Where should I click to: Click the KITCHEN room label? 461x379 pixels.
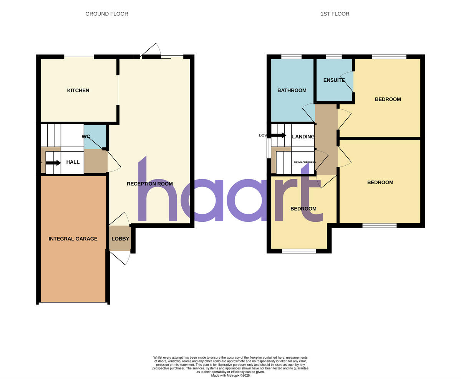78,91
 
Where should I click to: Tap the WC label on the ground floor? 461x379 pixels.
86,137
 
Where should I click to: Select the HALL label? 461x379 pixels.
73,162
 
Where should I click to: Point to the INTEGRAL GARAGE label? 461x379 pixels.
73,239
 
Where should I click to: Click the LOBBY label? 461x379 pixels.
120,239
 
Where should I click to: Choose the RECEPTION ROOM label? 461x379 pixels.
150,184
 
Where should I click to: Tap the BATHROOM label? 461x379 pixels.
292,91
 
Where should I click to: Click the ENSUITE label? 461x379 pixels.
334,80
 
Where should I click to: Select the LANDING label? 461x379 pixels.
303,137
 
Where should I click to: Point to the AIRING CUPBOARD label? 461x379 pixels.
305,162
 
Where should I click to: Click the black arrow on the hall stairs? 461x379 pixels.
53,163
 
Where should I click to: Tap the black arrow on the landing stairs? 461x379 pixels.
279,135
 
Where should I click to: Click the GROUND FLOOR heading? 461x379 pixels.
107,14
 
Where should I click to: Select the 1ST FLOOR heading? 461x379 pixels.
335,14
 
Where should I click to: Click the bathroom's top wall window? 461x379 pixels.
291,57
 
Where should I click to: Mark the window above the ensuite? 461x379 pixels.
334,57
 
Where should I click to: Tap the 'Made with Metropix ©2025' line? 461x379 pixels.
230,376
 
